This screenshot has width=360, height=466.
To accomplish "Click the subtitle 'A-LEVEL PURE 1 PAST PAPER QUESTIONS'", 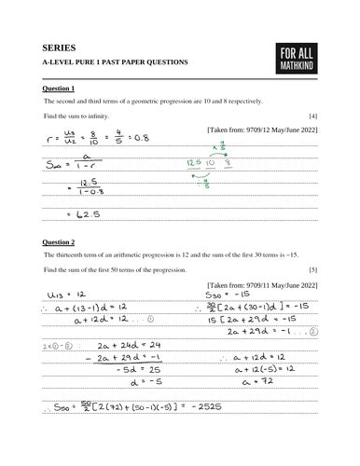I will tap(115, 62).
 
